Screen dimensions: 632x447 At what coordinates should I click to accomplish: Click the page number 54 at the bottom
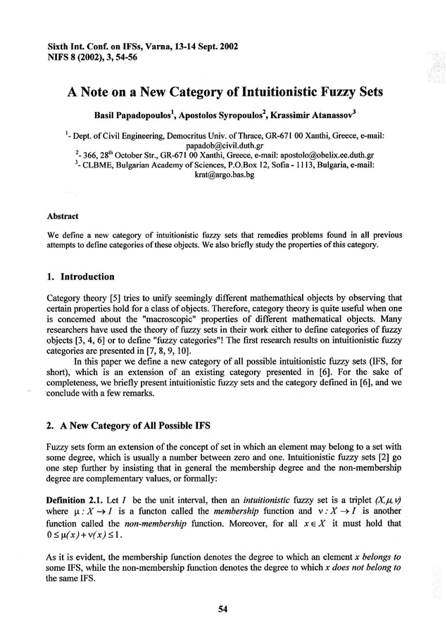223,609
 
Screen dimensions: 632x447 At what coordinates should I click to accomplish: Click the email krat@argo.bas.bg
223,175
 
